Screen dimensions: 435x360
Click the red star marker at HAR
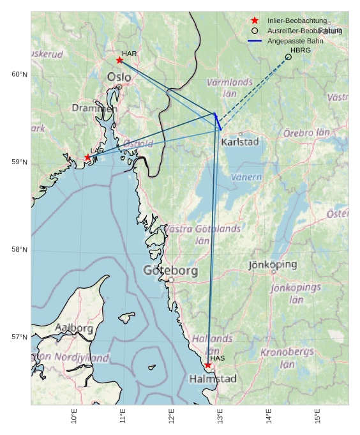(119, 60)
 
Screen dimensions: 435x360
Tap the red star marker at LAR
(88, 157)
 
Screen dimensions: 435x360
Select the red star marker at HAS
(207, 365)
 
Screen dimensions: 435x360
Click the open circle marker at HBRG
(289, 57)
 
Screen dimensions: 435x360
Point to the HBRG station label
(300, 50)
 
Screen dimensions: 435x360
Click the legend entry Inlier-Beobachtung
(296, 20)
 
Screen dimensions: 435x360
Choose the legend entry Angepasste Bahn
(295, 41)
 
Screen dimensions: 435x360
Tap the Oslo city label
(119, 77)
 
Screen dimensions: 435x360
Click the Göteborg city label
(170, 270)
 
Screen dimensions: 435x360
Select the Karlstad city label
(239, 142)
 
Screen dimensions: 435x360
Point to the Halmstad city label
(213, 379)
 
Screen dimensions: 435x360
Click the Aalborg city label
(74, 328)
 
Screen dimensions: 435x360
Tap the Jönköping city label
(273, 264)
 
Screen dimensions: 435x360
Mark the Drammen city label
(94, 109)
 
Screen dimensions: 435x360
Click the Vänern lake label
(246, 177)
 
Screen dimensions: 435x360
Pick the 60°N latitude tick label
(19, 75)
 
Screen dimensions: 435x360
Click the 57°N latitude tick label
(19, 337)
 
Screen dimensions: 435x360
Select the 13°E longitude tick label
(220, 416)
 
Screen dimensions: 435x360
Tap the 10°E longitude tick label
(74, 416)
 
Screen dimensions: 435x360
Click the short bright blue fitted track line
(218, 121)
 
